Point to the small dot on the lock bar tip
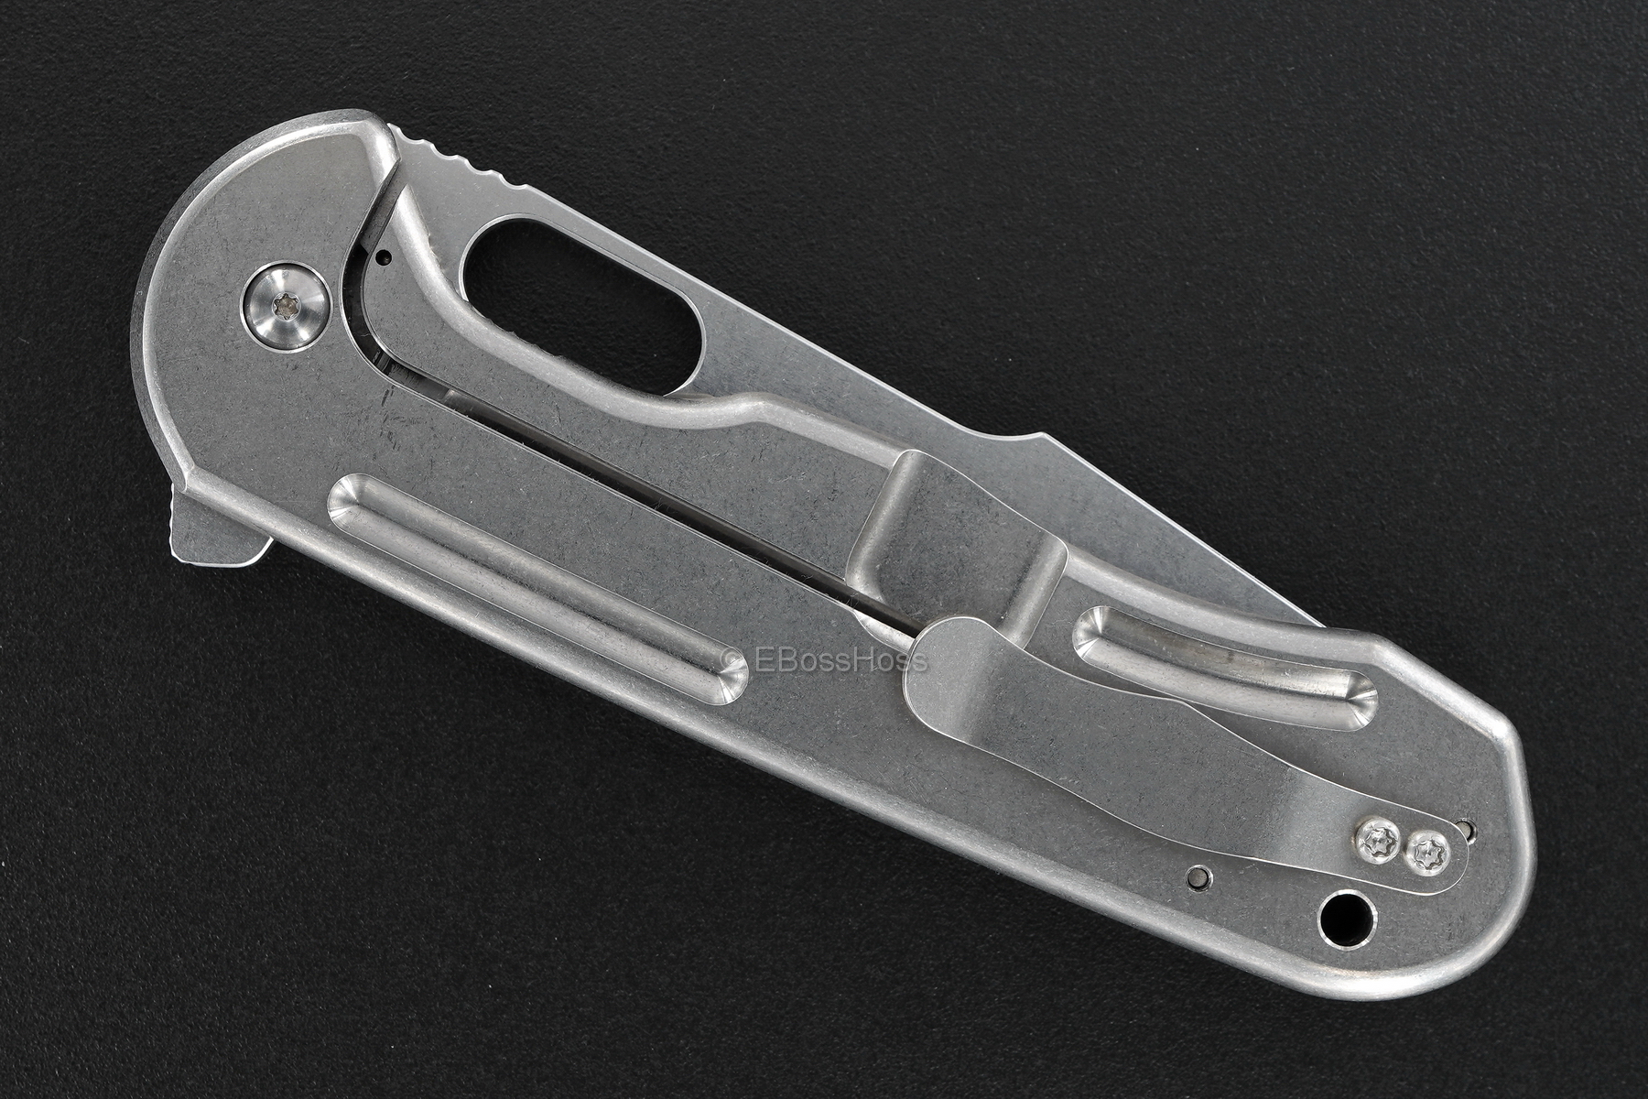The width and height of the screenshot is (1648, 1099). [x=385, y=258]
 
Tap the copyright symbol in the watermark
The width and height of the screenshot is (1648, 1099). [x=732, y=659]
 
